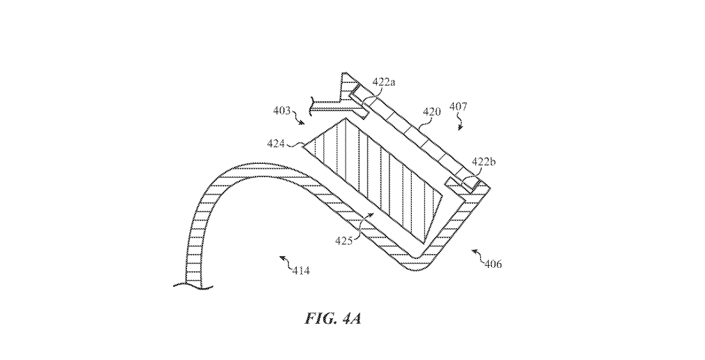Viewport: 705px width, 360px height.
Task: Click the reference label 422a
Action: pyautogui.click(x=383, y=82)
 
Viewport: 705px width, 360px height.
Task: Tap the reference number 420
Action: pyautogui.click(x=431, y=112)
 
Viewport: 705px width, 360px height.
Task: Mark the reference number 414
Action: pyautogui.click(x=302, y=269)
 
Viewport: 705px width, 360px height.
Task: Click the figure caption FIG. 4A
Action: pyautogui.click(x=334, y=319)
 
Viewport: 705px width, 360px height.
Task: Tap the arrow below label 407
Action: pyautogui.click(x=459, y=125)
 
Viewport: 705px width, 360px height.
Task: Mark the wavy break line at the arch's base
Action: pyautogui.click(x=189, y=284)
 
